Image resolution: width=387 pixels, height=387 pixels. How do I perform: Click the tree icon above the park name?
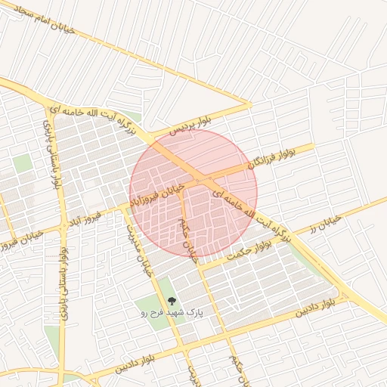click(173, 300)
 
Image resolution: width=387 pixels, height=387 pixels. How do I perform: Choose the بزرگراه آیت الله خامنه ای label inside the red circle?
click(250, 215)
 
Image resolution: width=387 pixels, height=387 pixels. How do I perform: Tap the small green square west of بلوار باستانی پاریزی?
click(23, 163)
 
